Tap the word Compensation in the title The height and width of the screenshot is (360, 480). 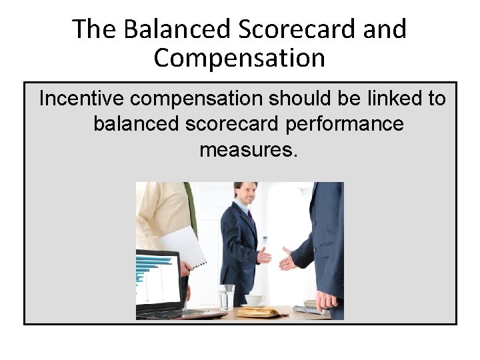coord(239,59)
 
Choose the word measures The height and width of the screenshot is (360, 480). coord(247,149)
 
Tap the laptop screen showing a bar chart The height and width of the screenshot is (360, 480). coord(156,280)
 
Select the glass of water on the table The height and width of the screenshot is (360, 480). coord(227,297)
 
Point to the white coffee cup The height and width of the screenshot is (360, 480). coord(254,300)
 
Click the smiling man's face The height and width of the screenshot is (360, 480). coord(246,195)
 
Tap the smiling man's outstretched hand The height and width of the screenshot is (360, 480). coord(265,255)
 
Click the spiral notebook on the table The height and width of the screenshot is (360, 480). coord(309,309)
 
